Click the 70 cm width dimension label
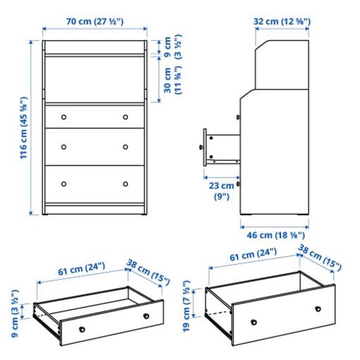point(94,22)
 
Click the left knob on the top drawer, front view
point(64,116)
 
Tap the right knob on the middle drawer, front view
point(126,147)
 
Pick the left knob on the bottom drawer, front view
point(64,183)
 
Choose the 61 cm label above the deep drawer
point(244,256)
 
